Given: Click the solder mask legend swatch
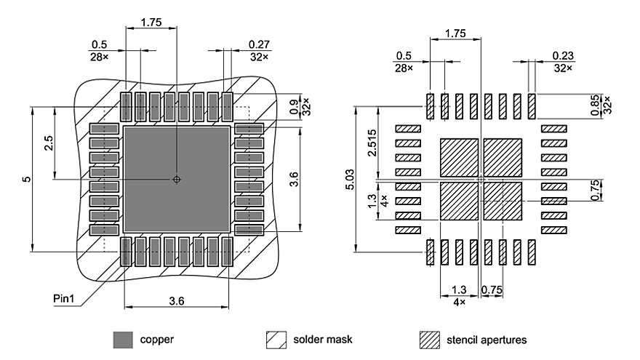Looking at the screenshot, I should pyautogui.click(x=276, y=340).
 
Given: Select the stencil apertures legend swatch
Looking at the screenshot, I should pyautogui.click(x=431, y=340).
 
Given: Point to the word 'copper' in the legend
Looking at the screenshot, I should pyautogui.click(x=156, y=340).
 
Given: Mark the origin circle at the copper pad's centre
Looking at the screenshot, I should pyautogui.click(x=176, y=180).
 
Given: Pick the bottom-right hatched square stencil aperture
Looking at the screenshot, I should pyautogui.click(x=503, y=201).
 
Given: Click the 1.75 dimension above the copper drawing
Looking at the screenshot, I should pyautogui.click(x=151, y=23).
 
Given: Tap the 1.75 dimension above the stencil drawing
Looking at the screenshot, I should pyautogui.click(x=455, y=33).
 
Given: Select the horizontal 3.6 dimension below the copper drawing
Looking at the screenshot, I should pyautogui.click(x=177, y=300).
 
